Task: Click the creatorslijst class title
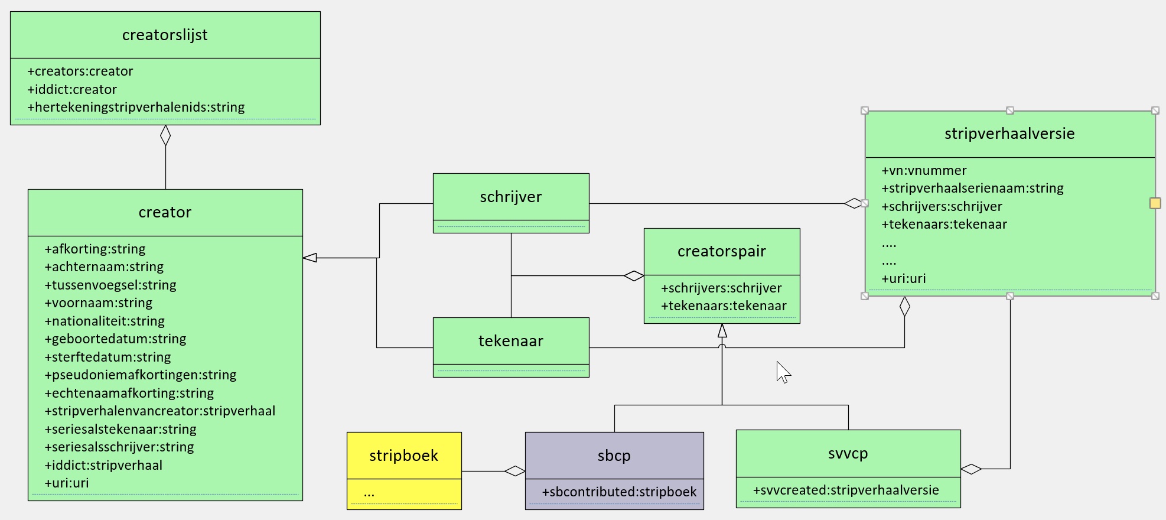point(165,35)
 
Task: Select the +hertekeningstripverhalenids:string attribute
point(136,108)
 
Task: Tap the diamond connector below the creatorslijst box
point(165,135)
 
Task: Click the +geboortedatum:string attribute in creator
point(115,339)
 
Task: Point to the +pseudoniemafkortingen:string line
point(141,375)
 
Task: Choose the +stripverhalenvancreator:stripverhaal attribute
point(160,411)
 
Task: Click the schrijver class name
point(510,197)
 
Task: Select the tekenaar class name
point(510,342)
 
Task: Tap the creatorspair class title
point(721,252)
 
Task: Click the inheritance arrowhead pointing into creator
point(310,258)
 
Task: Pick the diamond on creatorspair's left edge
point(634,276)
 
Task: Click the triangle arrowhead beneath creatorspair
point(722,331)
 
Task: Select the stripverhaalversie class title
point(1009,134)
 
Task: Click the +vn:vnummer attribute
point(924,171)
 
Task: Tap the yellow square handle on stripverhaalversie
point(1155,203)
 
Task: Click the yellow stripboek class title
point(404,456)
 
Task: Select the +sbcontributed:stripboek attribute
point(619,492)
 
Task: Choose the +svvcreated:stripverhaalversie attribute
point(845,490)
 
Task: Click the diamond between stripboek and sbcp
point(514,471)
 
